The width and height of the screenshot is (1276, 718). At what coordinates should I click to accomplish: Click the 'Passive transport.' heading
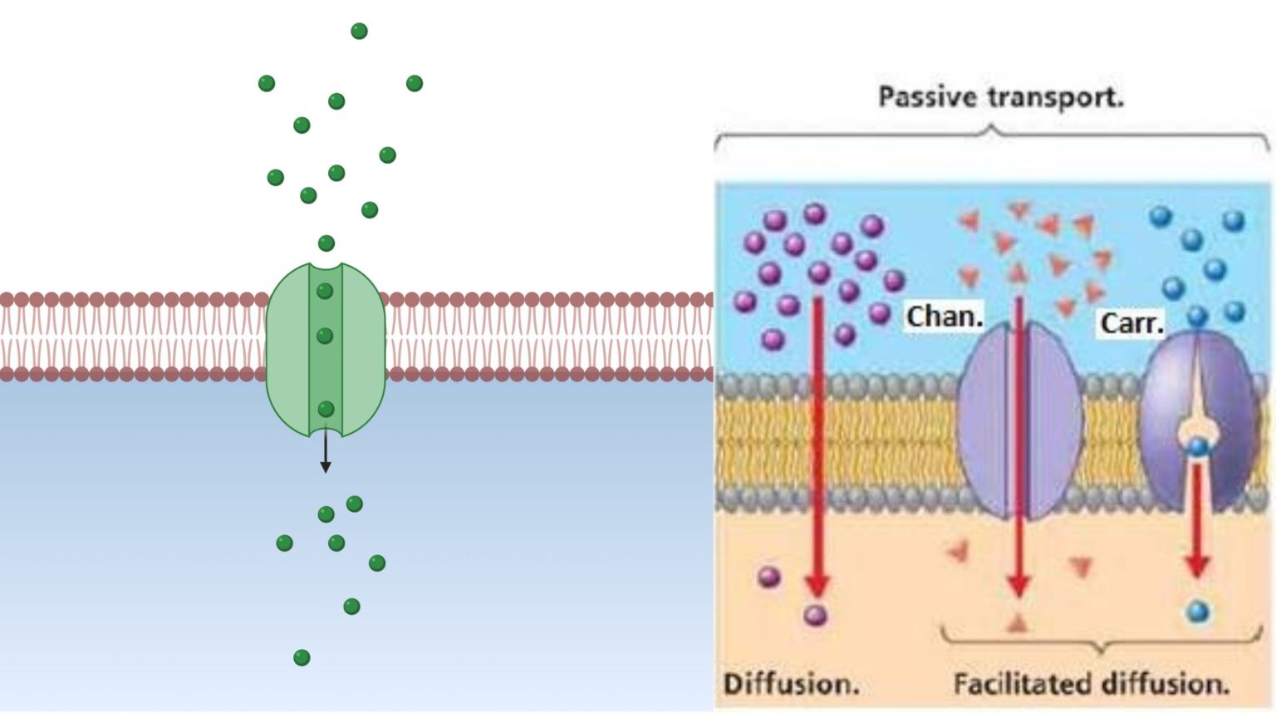pos(1000,97)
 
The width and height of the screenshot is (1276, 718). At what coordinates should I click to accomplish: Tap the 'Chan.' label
pos(945,317)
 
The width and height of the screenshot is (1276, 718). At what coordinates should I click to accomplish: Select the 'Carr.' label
pos(1131,322)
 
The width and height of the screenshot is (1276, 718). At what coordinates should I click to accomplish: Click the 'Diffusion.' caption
pos(790,684)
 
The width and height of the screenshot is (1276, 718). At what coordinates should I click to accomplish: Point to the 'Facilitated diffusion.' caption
pos(1090,684)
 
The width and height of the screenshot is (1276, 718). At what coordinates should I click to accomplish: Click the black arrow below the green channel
pos(326,454)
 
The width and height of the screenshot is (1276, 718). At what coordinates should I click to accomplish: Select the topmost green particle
pos(359,32)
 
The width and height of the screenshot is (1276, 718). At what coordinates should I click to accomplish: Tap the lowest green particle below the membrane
pos(302,657)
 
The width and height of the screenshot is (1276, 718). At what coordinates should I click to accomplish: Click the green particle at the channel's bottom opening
pos(326,409)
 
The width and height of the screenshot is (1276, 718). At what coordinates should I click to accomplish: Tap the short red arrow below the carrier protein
pos(1197,519)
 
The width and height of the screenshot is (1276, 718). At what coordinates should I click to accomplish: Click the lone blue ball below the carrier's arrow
pos(1197,612)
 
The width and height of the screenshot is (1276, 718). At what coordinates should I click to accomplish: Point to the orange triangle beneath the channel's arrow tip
pos(1018,623)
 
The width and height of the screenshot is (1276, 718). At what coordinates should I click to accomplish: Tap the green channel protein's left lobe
pos(287,349)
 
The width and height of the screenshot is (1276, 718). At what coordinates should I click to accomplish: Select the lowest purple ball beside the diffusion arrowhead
pos(815,616)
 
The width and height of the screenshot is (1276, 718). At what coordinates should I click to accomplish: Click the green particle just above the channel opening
pos(326,243)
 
